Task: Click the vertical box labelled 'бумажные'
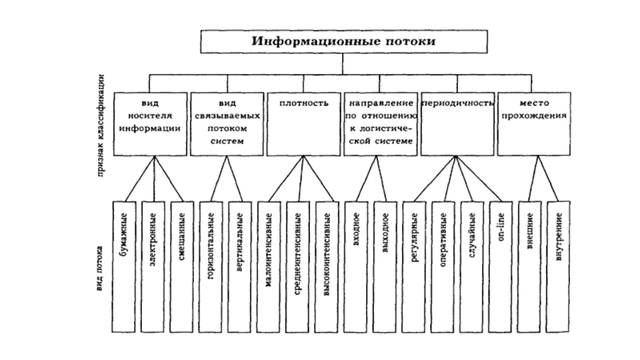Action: pos(123,264)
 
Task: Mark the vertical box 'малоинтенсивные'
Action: pos(269,264)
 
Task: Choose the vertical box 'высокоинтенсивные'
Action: pos(327,264)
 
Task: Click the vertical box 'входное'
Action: pos(356,264)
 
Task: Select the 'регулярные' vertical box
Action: pos(414,264)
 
